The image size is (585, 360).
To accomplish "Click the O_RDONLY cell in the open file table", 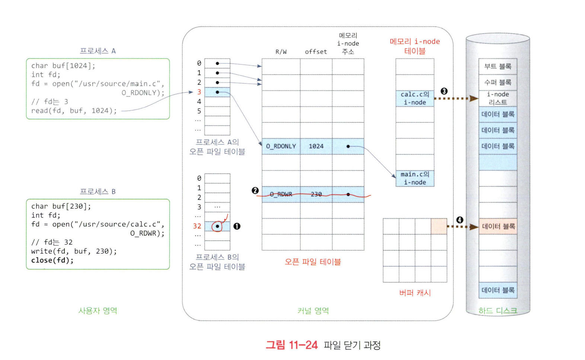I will (281, 146).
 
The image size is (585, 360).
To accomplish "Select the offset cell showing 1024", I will (316, 146).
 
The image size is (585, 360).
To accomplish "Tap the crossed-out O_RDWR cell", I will (281, 194).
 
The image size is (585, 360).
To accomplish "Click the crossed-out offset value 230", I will (316, 194).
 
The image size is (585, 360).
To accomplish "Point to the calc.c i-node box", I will (415, 99).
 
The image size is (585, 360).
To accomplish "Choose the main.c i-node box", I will (415, 178).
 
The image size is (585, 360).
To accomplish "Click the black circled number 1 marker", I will (237, 226).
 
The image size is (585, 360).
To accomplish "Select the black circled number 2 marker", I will (255, 191).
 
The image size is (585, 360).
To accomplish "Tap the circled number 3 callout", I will (444, 91).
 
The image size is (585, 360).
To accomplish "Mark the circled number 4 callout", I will (460, 220).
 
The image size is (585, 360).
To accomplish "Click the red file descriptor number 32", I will (197, 226).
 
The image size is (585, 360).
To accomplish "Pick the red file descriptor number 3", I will (199, 92).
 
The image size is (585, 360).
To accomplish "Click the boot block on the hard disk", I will (498, 67).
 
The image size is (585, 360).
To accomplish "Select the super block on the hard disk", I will (498, 82).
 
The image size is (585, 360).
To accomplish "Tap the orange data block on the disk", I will (498, 226).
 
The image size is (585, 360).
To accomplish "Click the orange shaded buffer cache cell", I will (439, 226).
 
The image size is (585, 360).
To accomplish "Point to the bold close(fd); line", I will (52, 260).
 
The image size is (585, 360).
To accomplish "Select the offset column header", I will (316, 52).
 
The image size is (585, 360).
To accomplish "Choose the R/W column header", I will (281, 52).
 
